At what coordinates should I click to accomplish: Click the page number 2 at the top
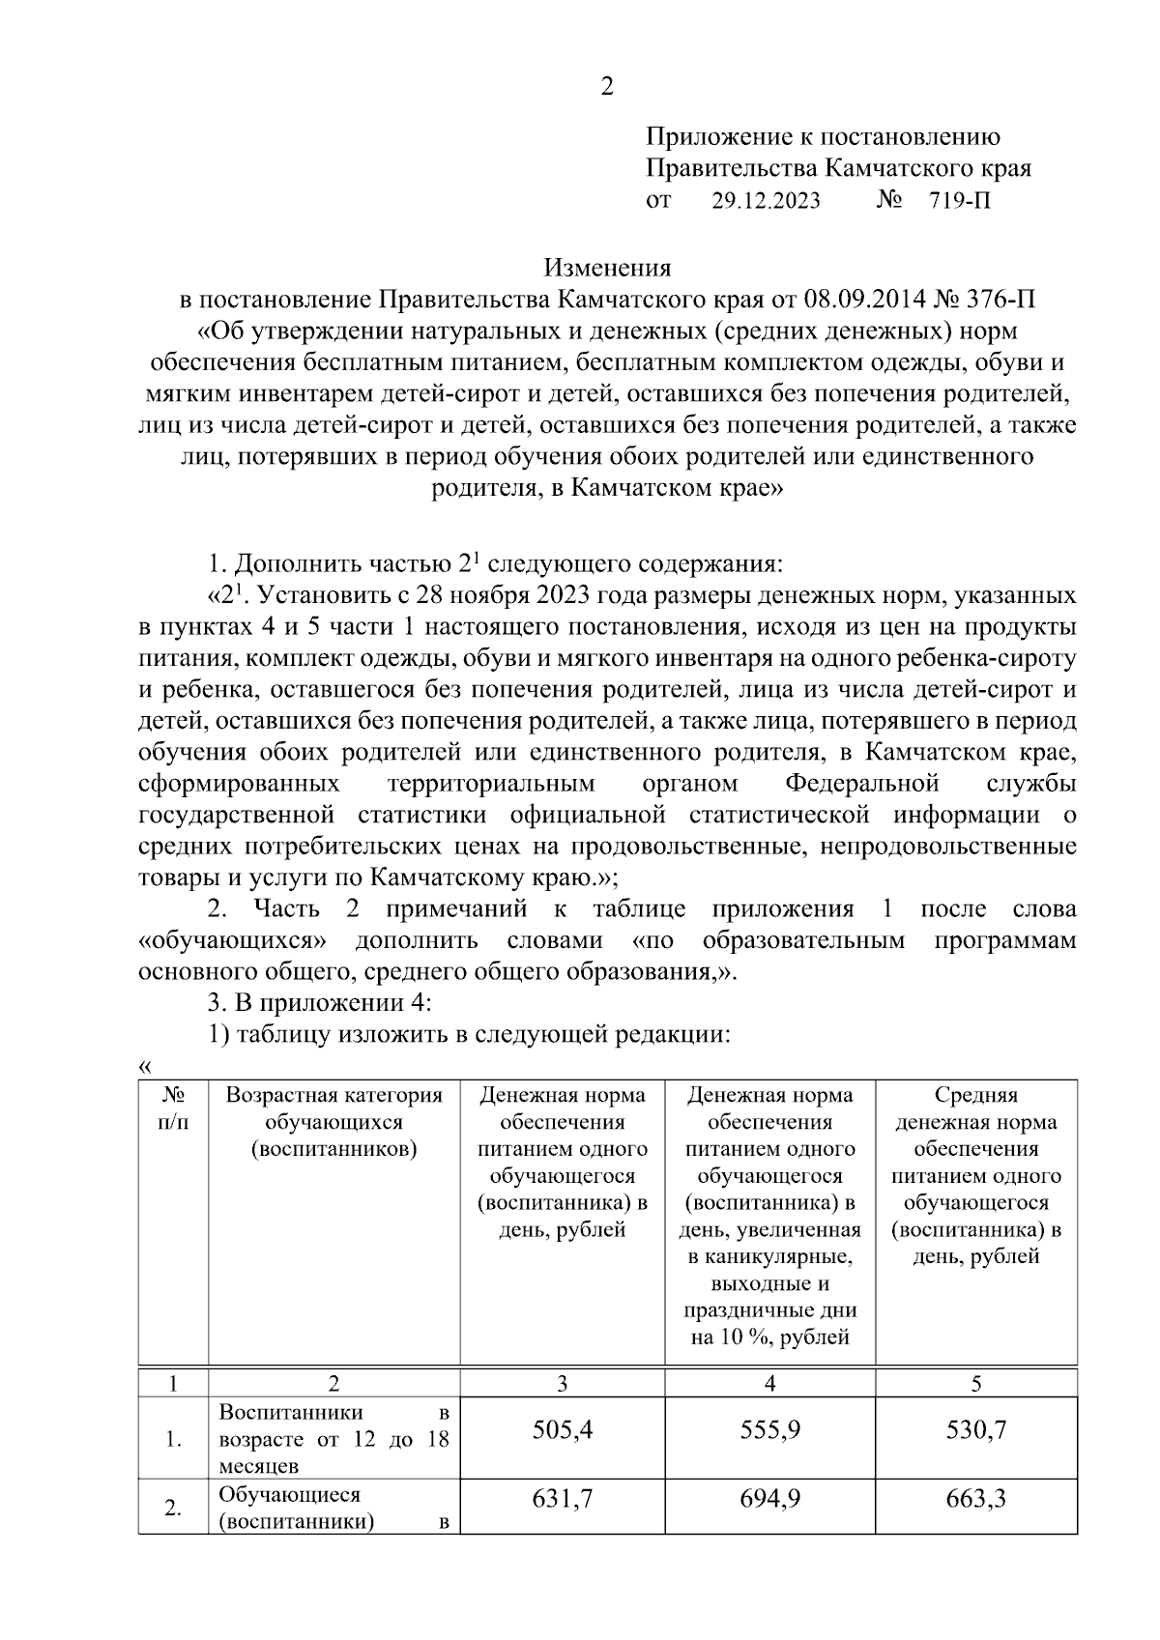[x=606, y=87]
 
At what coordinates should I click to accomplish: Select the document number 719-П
[x=959, y=200]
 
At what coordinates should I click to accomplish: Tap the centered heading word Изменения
[x=606, y=266]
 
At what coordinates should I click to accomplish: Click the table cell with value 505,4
[x=562, y=1429]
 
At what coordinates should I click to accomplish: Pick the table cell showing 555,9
[x=769, y=1429]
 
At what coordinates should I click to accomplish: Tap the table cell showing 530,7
[x=976, y=1429]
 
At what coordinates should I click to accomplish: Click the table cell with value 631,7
[x=562, y=1499]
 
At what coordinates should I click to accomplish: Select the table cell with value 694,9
[x=769, y=1499]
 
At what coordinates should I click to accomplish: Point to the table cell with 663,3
[x=976, y=1499]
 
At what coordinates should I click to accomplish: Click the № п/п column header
[x=172, y=1108]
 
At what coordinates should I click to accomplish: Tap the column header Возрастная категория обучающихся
[x=333, y=1122]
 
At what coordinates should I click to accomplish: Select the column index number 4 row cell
[x=769, y=1383]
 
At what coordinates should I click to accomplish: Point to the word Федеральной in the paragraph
[x=862, y=782]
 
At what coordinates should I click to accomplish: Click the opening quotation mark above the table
[x=145, y=1067]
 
